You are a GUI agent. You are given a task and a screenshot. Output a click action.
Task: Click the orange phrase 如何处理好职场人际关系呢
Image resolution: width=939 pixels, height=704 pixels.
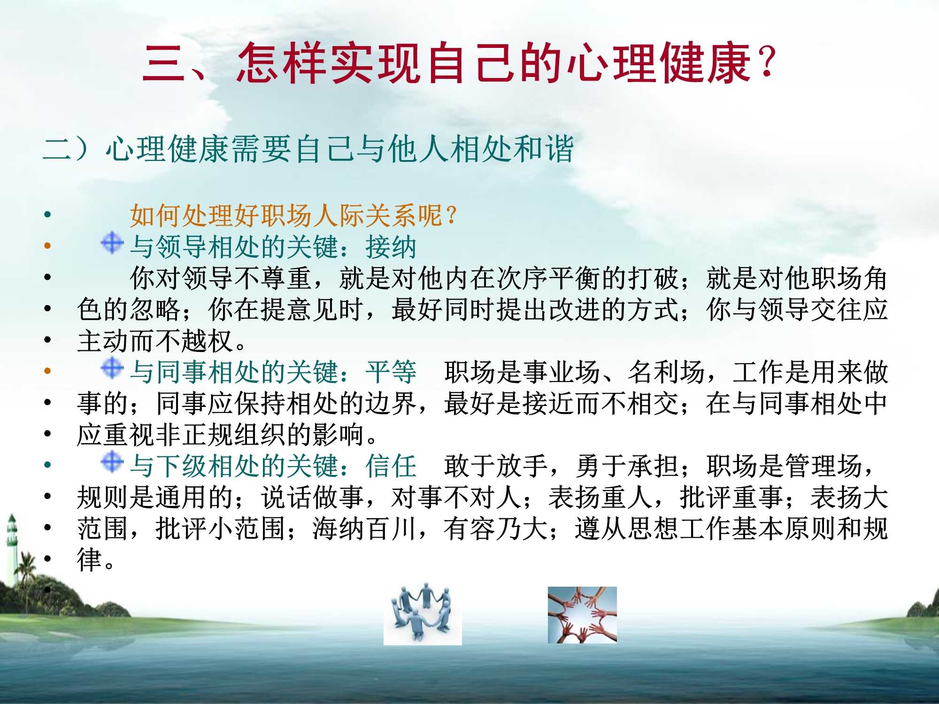(286, 215)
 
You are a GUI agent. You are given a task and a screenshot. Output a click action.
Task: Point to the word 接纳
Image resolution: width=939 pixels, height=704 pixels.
(391, 247)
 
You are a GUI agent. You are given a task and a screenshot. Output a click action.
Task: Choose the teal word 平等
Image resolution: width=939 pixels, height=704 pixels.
(391, 372)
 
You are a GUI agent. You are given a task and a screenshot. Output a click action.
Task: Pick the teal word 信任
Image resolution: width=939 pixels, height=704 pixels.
(391, 466)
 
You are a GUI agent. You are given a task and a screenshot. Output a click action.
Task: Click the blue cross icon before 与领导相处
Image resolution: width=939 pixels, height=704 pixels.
(112, 243)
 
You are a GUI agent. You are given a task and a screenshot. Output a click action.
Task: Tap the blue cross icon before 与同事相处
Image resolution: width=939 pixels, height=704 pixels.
(112, 368)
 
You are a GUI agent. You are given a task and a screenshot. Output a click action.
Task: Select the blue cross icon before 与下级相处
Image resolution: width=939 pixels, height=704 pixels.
(112, 462)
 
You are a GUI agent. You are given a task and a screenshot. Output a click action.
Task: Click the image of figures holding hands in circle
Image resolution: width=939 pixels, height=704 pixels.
(423, 614)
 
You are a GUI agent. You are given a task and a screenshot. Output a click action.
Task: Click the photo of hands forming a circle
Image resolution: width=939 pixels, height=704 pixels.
(582, 614)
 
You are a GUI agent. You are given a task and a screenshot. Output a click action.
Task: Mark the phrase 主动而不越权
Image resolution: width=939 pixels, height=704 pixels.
(155, 341)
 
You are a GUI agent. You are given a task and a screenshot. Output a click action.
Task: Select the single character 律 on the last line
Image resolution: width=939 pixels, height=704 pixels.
(90, 560)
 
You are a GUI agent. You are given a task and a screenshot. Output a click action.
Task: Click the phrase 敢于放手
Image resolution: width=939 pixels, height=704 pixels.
(496, 466)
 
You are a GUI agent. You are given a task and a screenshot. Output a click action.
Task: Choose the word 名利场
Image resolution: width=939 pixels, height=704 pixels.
(667, 372)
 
